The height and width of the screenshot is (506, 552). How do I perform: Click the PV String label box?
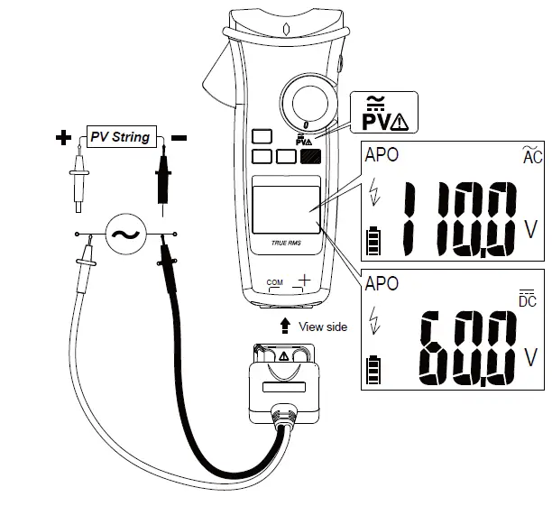pyautogui.click(x=121, y=137)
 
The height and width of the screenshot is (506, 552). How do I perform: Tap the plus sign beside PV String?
pyautogui.click(x=63, y=138)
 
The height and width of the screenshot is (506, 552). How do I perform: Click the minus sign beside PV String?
pyautogui.click(x=179, y=138)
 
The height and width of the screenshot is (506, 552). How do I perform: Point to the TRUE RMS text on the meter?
pyautogui.click(x=284, y=243)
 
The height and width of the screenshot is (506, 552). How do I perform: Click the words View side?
pyautogui.click(x=322, y=327)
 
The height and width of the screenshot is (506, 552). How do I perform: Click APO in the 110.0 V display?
pyautogui.click(x=381, y=154)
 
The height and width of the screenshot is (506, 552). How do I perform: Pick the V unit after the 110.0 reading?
pyautogui.click(x=530, y=228)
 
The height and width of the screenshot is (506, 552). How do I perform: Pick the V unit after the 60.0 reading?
pyautogui.click(x=530, y=358)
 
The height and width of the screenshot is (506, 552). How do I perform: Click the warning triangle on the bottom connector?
pyautogui.click(x=284, y=356)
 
